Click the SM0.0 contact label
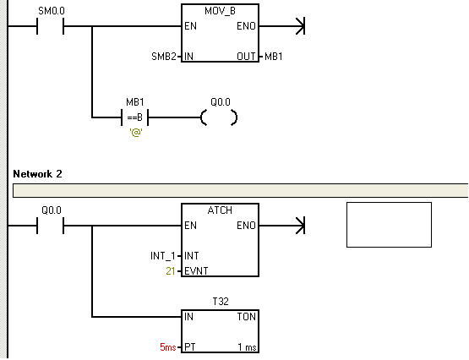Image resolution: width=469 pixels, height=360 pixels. point(52,11)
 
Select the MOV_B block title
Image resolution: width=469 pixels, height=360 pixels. point(221,11)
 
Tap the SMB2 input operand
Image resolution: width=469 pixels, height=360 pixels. point(164,57)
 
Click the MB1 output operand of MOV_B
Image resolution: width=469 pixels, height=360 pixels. point(274,57)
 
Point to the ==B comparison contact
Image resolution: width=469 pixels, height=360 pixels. point(135,117)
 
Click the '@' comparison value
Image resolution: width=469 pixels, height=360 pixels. point(136,132)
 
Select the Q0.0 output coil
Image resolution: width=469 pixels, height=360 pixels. point(219,117)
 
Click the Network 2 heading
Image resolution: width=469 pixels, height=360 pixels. point(38,174)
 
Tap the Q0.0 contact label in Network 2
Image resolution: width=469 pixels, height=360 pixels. point(52,210)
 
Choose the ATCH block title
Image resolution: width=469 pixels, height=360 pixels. point(220,210)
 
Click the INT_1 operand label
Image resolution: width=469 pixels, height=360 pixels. point(163,256)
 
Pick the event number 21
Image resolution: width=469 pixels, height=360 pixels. point(171,271)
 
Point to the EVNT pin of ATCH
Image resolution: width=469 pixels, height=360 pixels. point(196,271)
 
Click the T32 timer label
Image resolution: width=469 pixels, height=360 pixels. point(221,302)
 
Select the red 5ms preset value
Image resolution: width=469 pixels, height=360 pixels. point(168,346)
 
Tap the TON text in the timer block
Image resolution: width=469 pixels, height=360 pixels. point(247,317)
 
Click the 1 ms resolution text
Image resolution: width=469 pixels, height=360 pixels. point(247,347)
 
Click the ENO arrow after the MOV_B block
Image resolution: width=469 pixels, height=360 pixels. point(282,26)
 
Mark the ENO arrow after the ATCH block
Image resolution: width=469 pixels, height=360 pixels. point(282,226)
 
